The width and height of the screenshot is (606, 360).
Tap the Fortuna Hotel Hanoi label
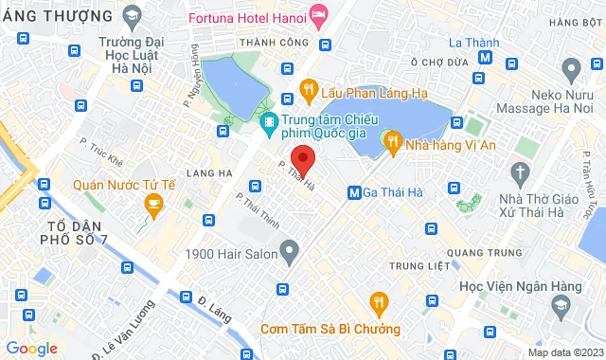[x=248, y=18]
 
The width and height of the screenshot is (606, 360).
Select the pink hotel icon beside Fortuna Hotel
[x=319, y=14]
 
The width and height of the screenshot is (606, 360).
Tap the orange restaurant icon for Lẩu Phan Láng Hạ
[x=307, y=89]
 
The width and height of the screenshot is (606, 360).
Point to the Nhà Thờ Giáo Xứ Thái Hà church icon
[x=518, y=172]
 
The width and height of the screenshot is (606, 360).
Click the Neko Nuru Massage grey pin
[x=571, y=68]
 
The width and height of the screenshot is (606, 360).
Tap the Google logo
[x=31, y=349]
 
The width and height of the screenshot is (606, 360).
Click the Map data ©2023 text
[x=563, y=352]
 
